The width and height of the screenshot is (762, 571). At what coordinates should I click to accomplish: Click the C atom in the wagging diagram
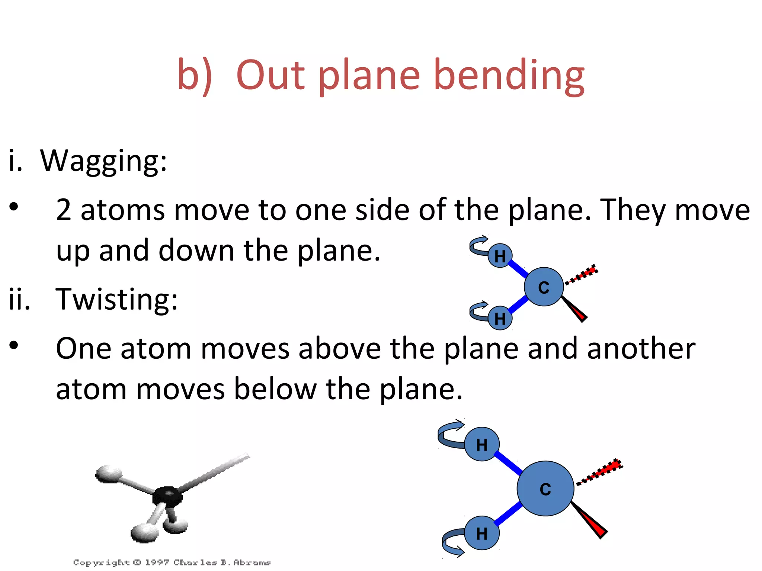coord(544,287)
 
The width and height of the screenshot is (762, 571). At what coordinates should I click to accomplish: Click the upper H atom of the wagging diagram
coord(500,256)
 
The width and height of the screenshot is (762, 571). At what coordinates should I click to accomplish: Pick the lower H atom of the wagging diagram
coord(500,318)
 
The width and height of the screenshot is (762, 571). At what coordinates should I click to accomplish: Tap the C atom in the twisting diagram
coord(545,488)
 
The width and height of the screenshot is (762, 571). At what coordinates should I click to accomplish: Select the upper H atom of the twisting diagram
coord(482,444)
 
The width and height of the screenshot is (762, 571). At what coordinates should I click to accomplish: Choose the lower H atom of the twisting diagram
coord(482,533)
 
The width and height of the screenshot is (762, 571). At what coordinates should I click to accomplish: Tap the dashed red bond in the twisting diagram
coord(601,472)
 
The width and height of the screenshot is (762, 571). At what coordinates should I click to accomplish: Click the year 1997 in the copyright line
coord(157,562)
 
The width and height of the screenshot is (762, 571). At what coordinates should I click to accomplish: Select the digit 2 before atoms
coord(64,210)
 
